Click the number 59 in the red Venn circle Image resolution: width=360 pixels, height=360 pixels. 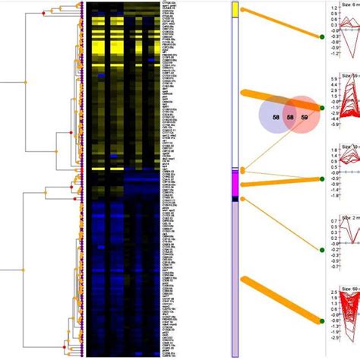pyautogui.click(x=304, y=118)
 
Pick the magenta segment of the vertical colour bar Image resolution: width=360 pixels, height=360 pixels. pyautogui.click(x=236, y=182)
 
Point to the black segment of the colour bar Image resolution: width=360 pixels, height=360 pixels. pyautogui.click(x=236, y=198)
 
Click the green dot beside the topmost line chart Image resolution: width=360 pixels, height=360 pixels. pyautogui.click(x=323, y=36)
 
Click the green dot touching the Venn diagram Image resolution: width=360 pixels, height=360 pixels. pyautogui.click(x=323, y=109)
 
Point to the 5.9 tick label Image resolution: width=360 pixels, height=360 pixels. pyautogui.click(x=333, y=77)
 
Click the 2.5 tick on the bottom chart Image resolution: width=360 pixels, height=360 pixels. pyautogui.click(x=333, y=291)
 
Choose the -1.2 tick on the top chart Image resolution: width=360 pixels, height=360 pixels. pyautogui.click(x=333, y=55)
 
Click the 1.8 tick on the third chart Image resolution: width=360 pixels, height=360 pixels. pyautogui.click(x=333, y=150)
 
